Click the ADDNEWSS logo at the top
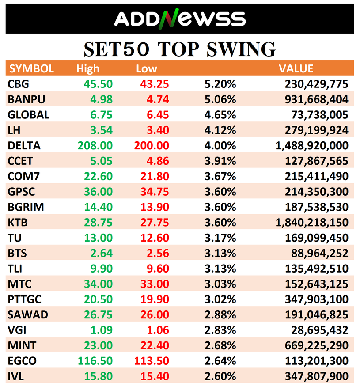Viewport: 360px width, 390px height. pos(179,18)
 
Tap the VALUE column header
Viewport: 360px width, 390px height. pos(296,68)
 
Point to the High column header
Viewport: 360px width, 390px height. pos(88,68)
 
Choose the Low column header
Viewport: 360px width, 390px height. pos(147,68)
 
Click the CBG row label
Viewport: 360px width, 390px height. pos(19,84)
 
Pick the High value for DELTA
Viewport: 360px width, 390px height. pos(95,145)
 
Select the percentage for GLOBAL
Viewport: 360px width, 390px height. pos(220,115)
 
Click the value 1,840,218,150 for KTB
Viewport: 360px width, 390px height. pos(312,223)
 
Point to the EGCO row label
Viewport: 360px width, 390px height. pos(22,361)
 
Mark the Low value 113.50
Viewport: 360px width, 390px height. pos(151,361)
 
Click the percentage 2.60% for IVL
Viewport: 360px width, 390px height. pos(220,376)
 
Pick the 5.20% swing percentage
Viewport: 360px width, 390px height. pos(220,84)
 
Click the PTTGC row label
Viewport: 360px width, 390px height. pos(25,299)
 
